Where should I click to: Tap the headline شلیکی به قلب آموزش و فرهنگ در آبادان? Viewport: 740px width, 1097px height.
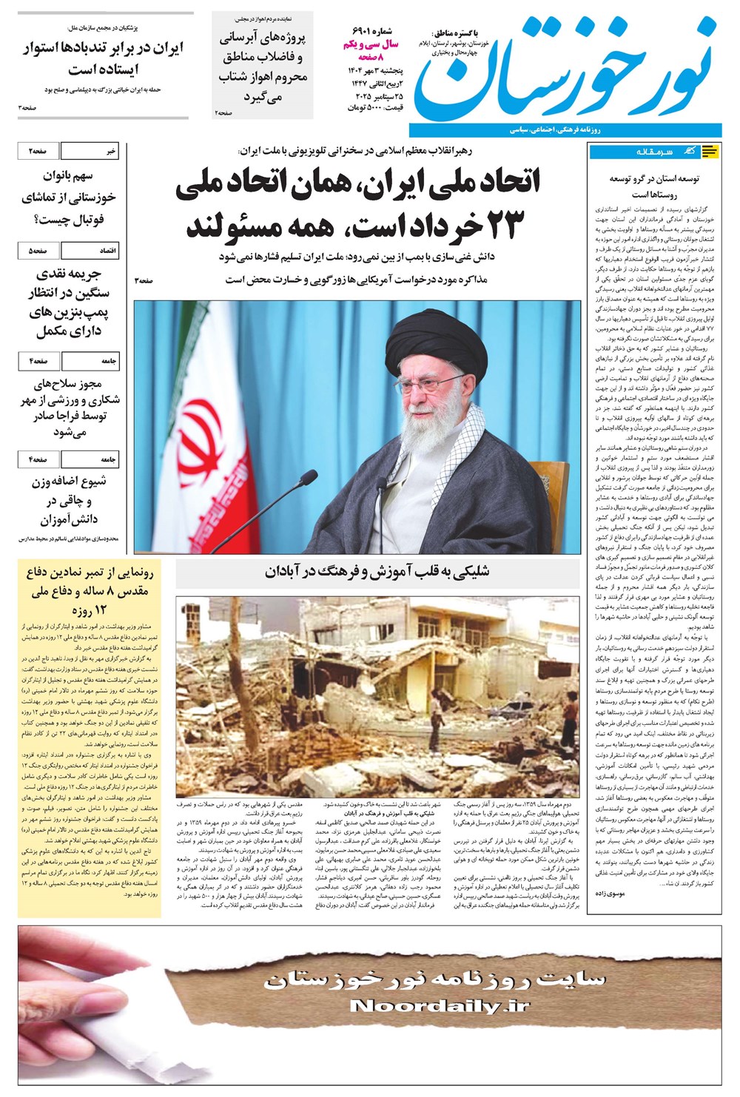377,571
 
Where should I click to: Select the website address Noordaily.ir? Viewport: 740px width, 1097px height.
440,1005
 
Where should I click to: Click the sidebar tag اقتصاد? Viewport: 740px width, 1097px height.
108,251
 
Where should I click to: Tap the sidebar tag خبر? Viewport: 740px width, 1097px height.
110,151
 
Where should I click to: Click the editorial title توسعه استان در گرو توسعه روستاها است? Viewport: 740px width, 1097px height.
653,186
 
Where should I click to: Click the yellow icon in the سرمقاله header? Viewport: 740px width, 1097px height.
710,152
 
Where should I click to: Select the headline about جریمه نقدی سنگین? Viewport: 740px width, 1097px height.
72,303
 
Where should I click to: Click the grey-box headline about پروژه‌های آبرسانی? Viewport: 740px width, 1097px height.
262,67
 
